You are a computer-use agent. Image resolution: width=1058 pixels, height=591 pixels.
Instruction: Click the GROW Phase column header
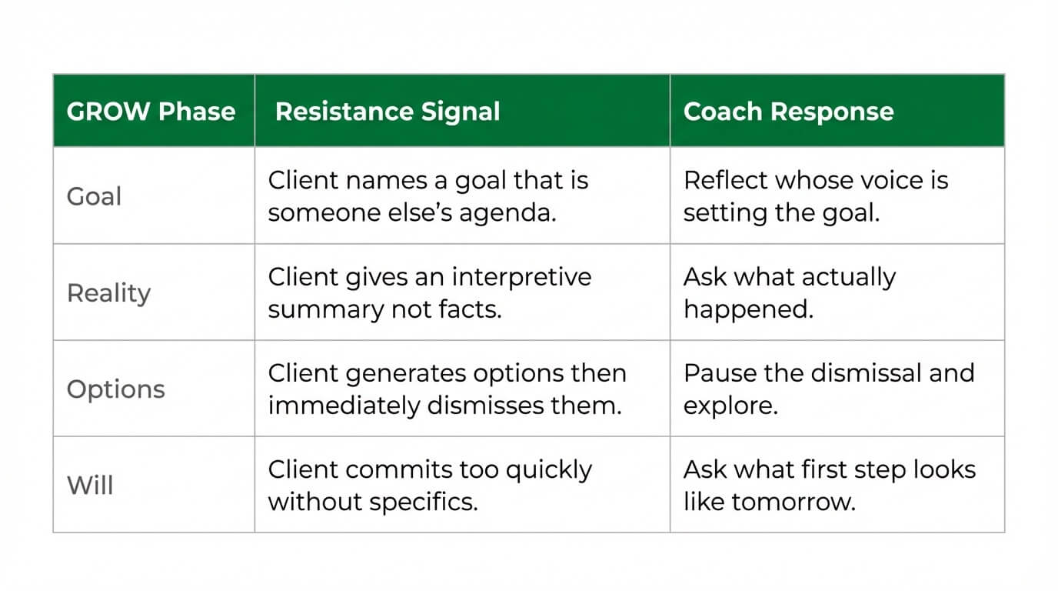[x=151, y=112]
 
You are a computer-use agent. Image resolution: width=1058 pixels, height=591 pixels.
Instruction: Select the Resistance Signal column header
[x=388, y=112]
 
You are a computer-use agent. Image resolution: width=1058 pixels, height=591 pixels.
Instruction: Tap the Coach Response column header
[x=788, y=112]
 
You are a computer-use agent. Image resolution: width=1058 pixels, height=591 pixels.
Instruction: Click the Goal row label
[x=94, y=196]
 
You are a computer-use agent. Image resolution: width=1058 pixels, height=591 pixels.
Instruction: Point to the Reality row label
[x=108, y=293]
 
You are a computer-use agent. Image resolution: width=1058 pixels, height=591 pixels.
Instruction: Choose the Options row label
[x=115, y=389]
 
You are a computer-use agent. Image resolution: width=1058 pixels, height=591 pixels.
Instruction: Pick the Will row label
[x=90, y=486]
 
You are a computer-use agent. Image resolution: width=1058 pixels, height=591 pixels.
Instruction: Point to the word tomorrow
[x=793, y=502]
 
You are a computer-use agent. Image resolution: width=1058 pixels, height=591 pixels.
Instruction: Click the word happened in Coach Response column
[x=747, y=309]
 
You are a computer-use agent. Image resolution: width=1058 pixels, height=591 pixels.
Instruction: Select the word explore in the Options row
[x=730, y=406]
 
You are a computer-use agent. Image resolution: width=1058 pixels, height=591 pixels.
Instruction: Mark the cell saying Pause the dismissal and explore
[x=828, y=389]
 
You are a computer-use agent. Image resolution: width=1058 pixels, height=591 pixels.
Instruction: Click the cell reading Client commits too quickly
[x=429, y=486]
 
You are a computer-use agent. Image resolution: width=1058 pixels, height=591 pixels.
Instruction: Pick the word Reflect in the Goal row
[x=725, y=181]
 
